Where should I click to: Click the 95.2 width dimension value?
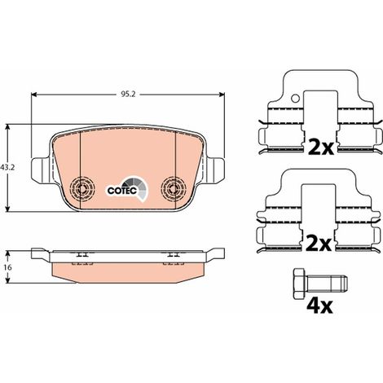127,95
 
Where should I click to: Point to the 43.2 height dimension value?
7,168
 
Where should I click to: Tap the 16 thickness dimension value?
8,267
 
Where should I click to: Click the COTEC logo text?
121,191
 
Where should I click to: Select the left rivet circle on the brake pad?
82,188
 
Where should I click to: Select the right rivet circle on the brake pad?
174,188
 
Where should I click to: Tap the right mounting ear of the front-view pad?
216,169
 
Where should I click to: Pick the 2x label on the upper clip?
322,147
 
